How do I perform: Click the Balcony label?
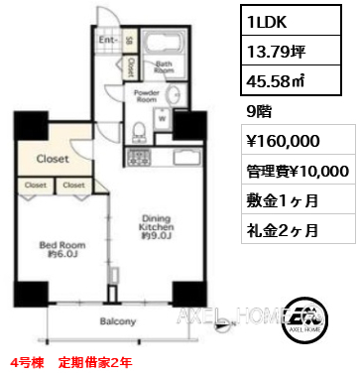coord(117,321)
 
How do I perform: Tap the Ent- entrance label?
coord(107,42)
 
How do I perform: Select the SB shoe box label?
coord(129,42)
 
